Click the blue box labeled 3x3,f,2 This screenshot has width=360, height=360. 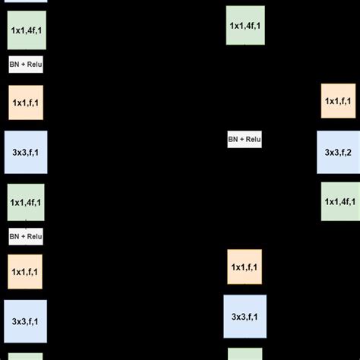pos(337,152)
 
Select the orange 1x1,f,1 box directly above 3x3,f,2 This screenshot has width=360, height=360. pos(337,101)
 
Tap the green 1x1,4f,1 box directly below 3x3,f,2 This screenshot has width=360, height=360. pos(337,201)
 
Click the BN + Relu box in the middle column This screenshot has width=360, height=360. pos(245,140)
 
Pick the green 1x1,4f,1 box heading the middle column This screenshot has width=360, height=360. pos(245,26)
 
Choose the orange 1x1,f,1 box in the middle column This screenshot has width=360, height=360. pos(245,267)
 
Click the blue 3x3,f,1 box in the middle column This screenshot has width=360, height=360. pos(245,315)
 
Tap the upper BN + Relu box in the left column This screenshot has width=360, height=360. pos(26,65)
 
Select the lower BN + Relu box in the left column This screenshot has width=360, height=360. pos(26,236)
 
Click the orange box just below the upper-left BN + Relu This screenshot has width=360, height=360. pos(26,103)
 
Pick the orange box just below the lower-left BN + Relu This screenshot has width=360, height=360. pos(26,271)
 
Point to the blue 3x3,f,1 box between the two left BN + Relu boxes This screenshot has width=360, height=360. pos(26,152)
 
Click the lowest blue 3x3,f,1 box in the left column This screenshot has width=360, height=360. pos(26,321)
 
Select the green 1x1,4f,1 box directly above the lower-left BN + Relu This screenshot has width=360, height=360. pos(26,202)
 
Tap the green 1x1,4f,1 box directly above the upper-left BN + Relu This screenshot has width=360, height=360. pos(26,30)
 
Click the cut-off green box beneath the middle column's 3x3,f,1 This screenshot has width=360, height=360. pos(245,354)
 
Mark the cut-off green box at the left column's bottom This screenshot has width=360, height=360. pos(26,356)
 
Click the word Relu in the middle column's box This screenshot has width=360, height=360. pos(252,140)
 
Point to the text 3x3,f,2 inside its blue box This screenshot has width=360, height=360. pos(337,152)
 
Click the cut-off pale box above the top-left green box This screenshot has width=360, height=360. pos(26,2)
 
